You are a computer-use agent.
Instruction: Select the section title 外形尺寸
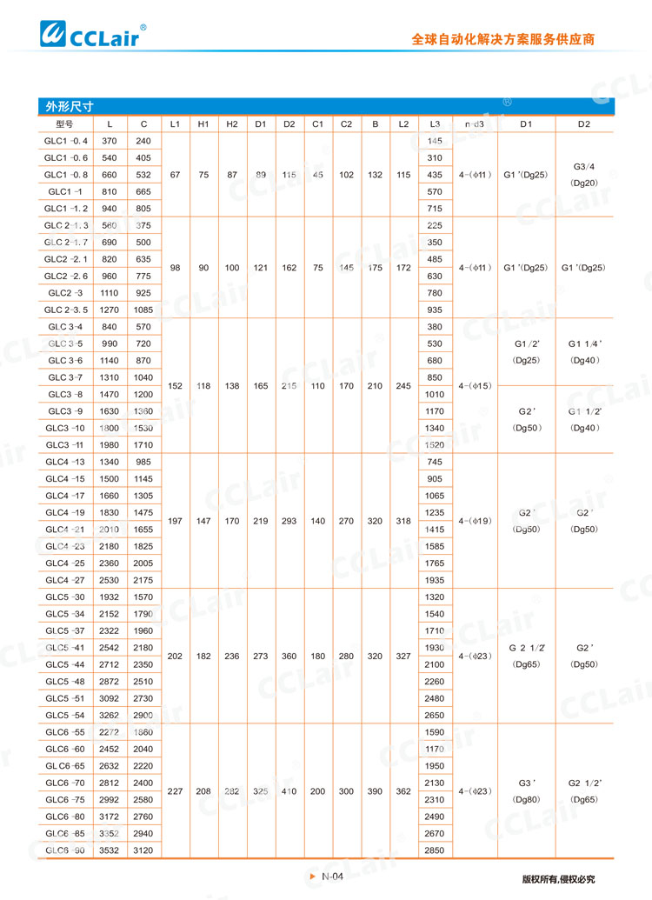[70, 107]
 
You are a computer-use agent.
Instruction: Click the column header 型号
[66, 124]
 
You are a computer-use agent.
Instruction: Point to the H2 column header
[232, 124]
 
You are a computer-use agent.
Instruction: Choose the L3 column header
[436, 124]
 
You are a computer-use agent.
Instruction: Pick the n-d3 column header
[475, 124]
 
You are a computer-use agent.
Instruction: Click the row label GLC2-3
[66, 293]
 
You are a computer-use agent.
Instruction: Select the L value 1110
[110, 293]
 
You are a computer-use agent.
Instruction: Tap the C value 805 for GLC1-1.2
[143, 209]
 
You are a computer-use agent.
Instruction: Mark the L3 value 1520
[436, 444]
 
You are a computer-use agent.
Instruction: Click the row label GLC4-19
[66, 512]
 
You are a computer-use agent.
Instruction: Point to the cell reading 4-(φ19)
[475, 521]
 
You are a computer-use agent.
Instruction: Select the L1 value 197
[175, 521]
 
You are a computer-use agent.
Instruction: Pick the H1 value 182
[203, 656]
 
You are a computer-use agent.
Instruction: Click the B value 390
[375, 790]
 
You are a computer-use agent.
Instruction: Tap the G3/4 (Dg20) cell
[583, 174]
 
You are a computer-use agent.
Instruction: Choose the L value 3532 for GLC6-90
[110, 850]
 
